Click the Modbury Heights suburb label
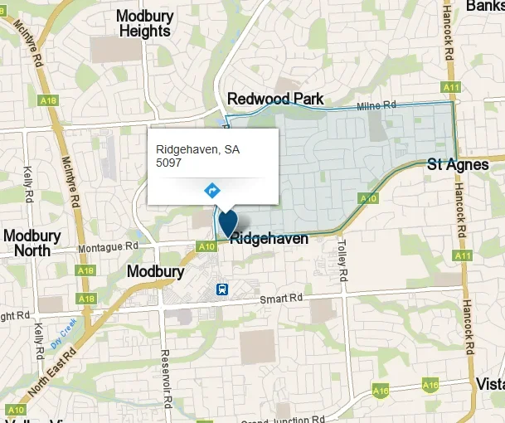143,23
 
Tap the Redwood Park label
275,100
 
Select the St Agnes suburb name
458,164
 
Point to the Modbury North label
32,243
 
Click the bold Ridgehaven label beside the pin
269,239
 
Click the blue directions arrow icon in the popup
212,190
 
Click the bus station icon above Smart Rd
222,289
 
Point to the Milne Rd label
377,105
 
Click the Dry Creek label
63,331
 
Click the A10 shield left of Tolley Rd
368,198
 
